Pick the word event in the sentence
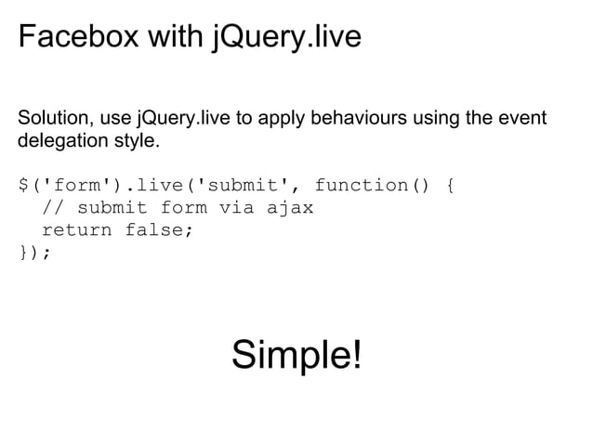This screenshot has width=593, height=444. (521, 121)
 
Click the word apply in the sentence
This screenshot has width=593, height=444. (289, 121)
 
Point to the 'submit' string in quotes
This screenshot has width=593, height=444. (245, 185)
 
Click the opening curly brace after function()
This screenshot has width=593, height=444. (450, 185)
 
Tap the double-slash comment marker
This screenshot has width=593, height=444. (52, 207)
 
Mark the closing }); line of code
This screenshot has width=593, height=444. (35, 252)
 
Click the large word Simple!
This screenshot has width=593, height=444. (296, 355)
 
